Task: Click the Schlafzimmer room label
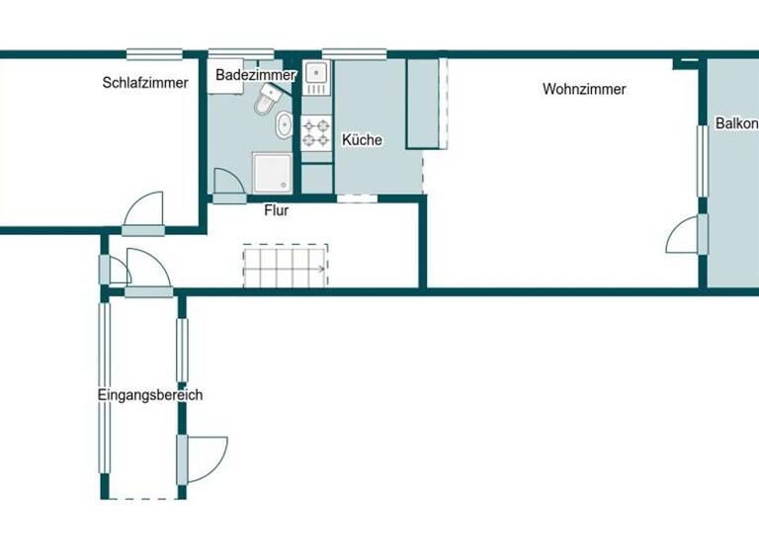click(144, 83)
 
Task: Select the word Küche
click(362, 140)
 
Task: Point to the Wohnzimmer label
click(584, 89)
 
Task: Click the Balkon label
click(736, 125)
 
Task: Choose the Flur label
click(277, 210)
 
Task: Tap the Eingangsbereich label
click(150, 395)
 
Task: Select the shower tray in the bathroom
click(272, 172)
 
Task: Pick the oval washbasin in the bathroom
click(285, 125)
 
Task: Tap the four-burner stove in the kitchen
click(316, 132)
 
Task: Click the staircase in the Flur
click(286, 266)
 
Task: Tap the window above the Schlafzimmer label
click(155, 53)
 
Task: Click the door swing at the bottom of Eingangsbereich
click(205, 458)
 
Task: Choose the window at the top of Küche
click(354, 53)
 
